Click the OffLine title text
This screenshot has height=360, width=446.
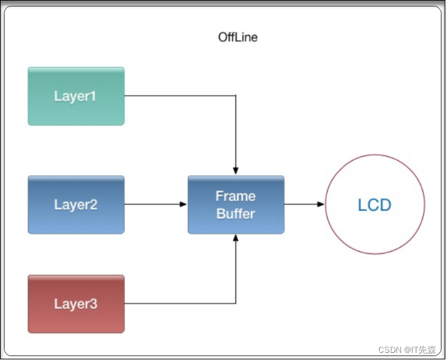coord(238,37)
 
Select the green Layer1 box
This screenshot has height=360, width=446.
coord(76,96)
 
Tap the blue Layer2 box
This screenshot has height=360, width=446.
coord(76,205)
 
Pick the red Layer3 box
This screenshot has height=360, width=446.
coord(76,304)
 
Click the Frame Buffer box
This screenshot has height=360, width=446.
coord(236,205)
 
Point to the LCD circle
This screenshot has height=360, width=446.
coord(375,205)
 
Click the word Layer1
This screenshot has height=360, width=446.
coord(75,96)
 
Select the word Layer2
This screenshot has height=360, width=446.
coord(75,205)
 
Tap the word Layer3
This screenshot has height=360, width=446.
coord(75,304)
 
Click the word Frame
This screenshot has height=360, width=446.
coord(236,196)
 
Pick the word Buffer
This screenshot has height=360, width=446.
coord(236,214)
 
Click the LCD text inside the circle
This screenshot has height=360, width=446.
coord(375,205)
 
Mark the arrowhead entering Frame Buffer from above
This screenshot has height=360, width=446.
coord(236,171)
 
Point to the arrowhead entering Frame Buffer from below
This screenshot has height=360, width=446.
coord(236,237)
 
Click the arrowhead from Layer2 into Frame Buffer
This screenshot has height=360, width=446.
coord(184,205)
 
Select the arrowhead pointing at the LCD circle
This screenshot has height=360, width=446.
coord(321,205)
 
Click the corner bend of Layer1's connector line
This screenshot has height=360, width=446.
coord(236,96)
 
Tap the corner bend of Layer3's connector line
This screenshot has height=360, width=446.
coord(236,303)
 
